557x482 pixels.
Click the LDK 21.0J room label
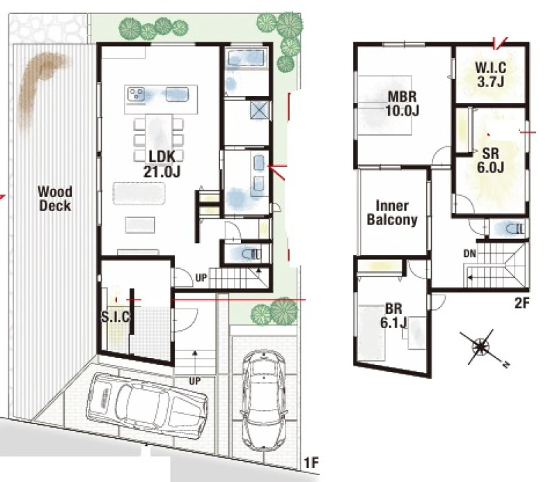click(x=162, y=164)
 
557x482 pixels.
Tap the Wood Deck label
click(x=55, y=199)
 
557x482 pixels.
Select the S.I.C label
click(x=116, y=316)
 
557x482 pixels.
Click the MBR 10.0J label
click(x=402, y=104)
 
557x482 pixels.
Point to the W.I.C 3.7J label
click(x=491, y=75)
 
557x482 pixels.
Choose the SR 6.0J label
click(x=491, y=160)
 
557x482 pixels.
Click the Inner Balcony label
click(x=392, y=212)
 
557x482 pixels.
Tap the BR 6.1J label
click(x=393, y=316)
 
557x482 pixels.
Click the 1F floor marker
click(x=311, y=462)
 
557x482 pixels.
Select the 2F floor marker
click(x=521, y=303)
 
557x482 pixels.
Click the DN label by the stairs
click(x=469, y=254)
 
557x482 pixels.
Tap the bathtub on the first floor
click(x=246, y=58)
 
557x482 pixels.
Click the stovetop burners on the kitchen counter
click(x=136, y=94)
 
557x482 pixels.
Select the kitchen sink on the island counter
click(x=177, y=95)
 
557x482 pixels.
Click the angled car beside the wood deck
click(x=147, y=406)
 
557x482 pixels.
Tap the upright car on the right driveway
click(x=264, y=399)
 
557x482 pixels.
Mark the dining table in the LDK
click(x=159, y=137)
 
